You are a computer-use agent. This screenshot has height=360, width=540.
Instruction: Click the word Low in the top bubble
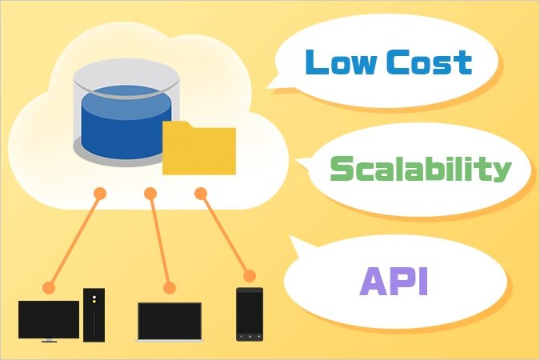click(337, 61)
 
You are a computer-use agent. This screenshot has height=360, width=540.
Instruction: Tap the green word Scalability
click(419, 170)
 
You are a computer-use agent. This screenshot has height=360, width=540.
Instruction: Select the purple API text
click(393, 282)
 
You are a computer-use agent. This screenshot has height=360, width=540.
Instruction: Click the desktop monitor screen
click(49, 318)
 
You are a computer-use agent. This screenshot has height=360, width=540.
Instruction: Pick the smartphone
click(250, 315)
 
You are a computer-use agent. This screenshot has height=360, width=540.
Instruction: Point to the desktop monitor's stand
click(49, 340)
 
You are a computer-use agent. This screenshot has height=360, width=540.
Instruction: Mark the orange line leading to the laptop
click(159, 240)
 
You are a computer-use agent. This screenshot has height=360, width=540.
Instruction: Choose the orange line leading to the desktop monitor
click(74, 239)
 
